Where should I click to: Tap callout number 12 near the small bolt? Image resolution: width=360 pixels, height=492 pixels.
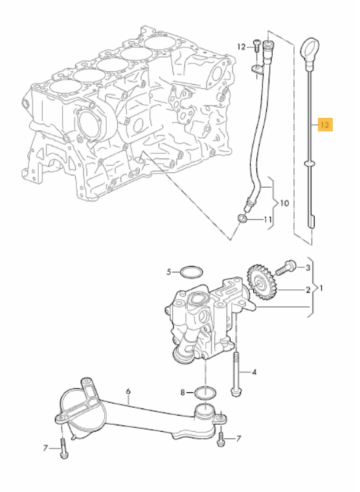tap(241, 47)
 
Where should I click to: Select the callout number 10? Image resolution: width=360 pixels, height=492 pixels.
tap(283, 203)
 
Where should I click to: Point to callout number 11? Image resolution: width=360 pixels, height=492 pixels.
tap(267, 221)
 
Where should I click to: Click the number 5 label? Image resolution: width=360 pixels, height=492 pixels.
tap(169, 273)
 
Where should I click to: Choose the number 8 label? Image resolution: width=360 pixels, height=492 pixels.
tap(183, 392)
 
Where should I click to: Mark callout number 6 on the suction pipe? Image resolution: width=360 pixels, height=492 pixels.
tap(128, 391)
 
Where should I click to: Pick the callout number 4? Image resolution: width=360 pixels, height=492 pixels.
tap(253, 372)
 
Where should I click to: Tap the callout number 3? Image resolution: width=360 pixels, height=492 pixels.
tap(308, 267)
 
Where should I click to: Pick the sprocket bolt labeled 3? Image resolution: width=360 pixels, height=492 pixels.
tap(286, 266)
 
